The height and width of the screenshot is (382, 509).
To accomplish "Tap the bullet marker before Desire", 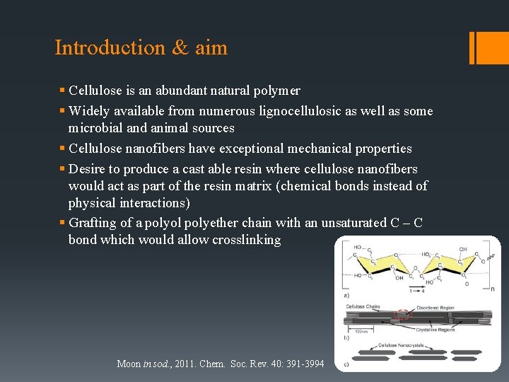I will (x=63, y=169).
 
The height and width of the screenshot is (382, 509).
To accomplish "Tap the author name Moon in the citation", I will (x=129, y=364).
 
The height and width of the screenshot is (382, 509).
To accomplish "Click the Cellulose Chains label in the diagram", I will (x=363, y=307).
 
